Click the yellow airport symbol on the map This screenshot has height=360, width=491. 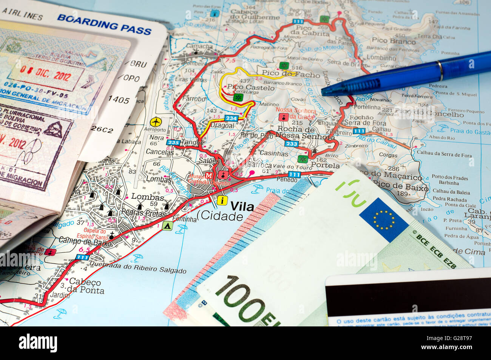click(156, 122)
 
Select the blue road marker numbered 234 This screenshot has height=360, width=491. click(231, 118)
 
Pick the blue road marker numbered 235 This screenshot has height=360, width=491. click(173, 142)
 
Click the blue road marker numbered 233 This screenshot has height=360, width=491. click(291, 144)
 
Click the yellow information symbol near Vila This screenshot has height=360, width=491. click(222, 200)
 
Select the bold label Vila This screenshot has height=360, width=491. click(242, 206)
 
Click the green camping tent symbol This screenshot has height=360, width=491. click(167, 226)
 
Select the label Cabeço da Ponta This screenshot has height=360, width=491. click(86, 286)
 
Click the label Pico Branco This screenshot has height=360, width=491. click(394, 40)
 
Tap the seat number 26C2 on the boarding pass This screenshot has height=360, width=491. click(102, 130)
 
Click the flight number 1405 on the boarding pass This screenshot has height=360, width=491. click(119, 100)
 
